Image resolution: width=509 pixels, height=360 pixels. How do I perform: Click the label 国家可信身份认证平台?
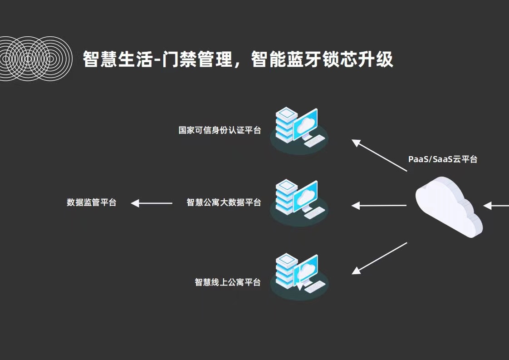pyautogui.click(x=220, y=131)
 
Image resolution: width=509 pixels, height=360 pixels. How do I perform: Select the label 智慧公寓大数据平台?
pyautogui.click(x=224, y=202)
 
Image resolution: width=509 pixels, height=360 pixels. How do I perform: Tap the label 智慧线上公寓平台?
pyautogui.click(x=228, y=282)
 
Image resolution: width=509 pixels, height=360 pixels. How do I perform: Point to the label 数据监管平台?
pyautogui.click(x=92, y=202)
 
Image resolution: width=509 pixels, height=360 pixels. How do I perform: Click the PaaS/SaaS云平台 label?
pyautogui.click(x=443, y=159)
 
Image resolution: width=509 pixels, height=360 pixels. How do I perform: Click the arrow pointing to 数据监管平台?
pyautogui.click(x=152, y=203)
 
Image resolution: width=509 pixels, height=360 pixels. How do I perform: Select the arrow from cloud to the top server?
pyautogui.click(x=379, y=155)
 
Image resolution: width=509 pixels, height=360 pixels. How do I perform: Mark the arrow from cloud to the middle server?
pyautogui.click(x=379, y=206)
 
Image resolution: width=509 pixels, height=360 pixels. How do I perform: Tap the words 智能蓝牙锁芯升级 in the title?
pyautogui.click(x=322, y=59)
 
